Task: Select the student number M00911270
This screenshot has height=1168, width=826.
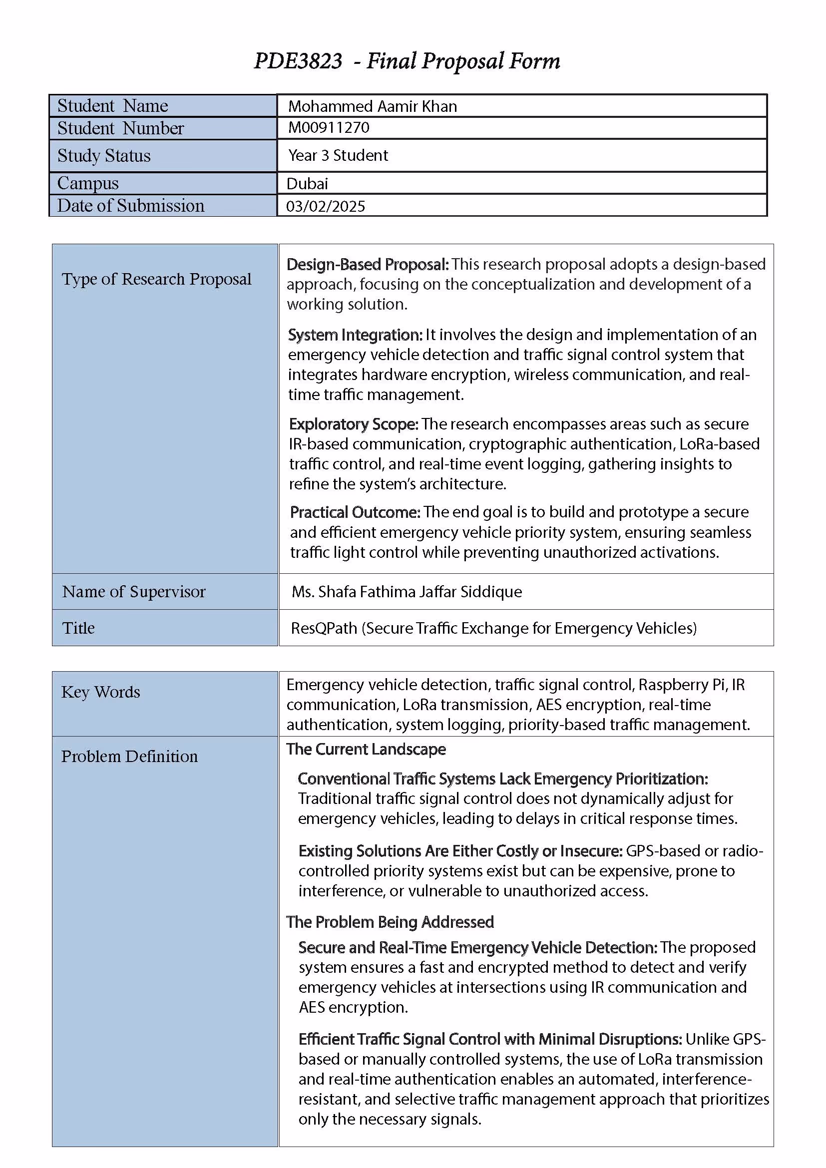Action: click(x=329, y=127)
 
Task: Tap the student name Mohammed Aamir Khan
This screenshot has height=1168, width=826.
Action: click(x=373, y=106)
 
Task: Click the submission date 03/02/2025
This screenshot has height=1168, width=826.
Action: click(x=326, y=206)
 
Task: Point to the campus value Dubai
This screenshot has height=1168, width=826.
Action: click(x=307, y=183)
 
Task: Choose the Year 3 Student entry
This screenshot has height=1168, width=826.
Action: click(x=338, y=155)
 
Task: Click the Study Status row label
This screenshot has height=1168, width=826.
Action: click(x=104, y=156)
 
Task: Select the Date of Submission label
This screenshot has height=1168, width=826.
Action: click(x=131, y=206)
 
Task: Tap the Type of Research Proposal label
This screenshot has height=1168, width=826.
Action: click(x=157, y=279)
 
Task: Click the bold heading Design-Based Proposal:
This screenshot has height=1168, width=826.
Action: click(x=367, y=265)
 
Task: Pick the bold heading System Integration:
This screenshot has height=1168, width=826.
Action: click(x=355, y=335)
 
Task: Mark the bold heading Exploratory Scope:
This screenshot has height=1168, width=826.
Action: click(x=354, y=424)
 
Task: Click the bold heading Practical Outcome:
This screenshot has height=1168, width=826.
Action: click(x=355, y=512)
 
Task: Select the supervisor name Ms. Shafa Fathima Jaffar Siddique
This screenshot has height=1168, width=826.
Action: click(x=407, y=592)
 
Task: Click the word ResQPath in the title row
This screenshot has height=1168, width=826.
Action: click(x=324, y=628)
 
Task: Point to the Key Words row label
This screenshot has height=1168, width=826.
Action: click(x=101, y=692)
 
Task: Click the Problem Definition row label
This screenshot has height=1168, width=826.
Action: click(x=129, y=757)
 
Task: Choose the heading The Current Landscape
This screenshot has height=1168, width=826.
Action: click(x=366, y=750)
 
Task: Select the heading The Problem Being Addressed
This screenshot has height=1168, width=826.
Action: click(x=390, y=922)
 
